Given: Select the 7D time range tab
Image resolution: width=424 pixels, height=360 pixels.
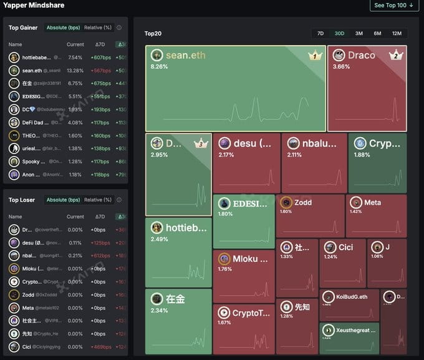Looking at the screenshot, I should [320, 33].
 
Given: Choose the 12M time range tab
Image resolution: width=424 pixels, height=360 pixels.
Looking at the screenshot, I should [397, 33].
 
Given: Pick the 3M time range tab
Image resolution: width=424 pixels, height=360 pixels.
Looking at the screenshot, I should [359, 33].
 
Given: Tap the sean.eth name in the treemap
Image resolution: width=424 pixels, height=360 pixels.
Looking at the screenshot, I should [185, 56].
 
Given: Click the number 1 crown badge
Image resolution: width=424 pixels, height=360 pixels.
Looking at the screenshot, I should [315, 56].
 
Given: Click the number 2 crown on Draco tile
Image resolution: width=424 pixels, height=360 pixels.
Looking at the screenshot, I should [396, 56].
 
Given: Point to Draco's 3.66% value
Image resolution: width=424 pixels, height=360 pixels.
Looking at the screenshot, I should [342, 67].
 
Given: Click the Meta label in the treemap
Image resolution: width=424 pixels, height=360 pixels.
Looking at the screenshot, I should [372, 203].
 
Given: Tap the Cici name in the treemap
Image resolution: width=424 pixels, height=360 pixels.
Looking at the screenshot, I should [345, 247].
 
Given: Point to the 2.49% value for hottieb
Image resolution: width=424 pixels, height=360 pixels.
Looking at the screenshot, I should [159, 239].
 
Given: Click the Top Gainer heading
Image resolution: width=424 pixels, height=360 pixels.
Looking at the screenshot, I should [23, 27].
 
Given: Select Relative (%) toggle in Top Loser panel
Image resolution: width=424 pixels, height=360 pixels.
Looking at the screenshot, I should [98, 200].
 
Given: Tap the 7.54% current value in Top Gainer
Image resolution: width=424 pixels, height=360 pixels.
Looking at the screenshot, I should [75, 57].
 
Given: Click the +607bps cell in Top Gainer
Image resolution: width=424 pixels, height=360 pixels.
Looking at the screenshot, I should [100, 57].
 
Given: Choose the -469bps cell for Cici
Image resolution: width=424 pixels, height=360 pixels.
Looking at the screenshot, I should [100, 346].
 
